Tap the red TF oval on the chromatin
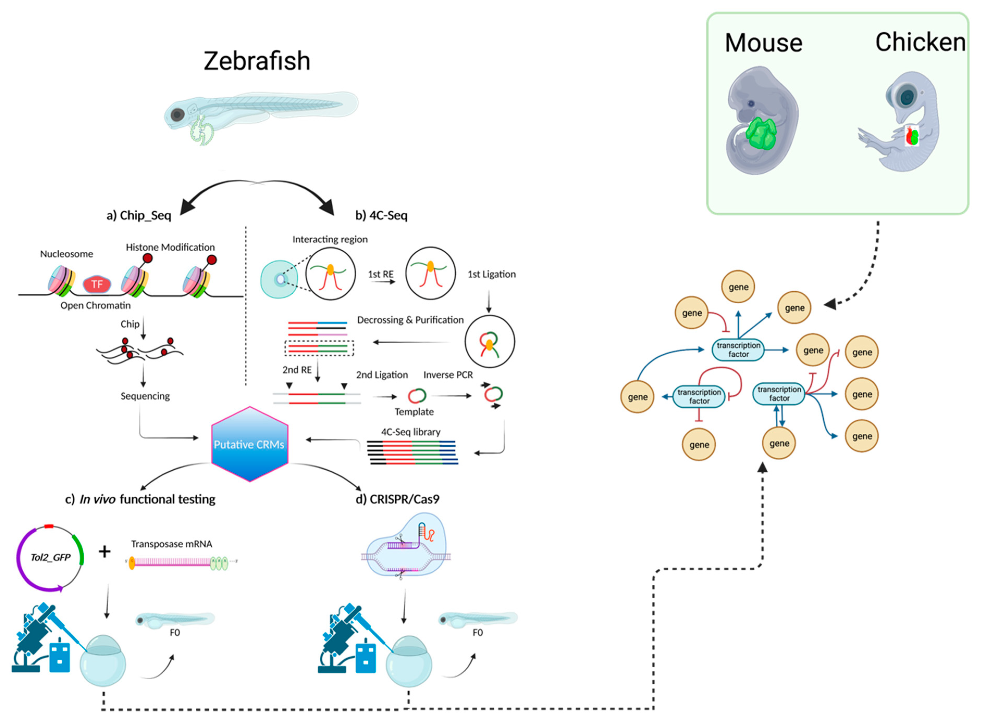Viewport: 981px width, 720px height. click(97, 285)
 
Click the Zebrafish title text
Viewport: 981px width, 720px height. click(257, 61)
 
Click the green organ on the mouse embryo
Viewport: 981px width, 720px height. click(761, 133)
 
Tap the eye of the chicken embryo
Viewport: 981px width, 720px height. click(906, 97)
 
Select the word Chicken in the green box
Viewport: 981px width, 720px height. click(920, 42)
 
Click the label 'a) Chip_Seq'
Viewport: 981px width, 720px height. click(139, 215)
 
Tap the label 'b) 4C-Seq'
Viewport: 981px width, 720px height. click(381, 215)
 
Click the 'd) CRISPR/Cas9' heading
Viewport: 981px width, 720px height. click(397, 499)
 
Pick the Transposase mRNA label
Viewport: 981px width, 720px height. click(171, 544)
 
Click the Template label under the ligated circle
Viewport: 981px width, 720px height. click(414, 412)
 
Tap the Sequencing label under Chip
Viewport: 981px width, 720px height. click(145, 396)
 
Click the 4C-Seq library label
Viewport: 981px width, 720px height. click(410, 432)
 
